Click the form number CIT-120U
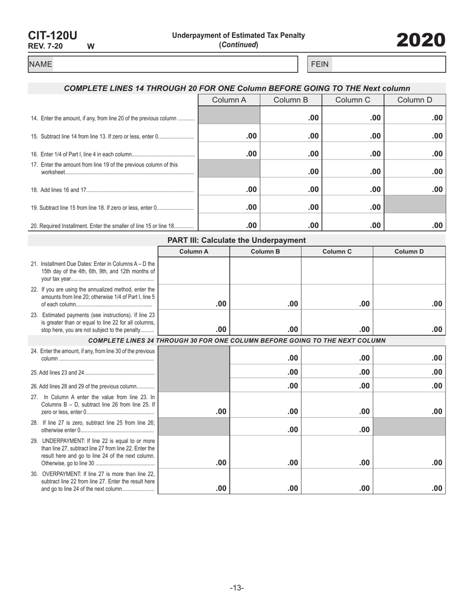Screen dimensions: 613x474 52,35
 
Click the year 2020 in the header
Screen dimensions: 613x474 421,40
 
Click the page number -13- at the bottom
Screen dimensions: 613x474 237,588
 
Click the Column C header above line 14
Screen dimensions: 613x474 352,100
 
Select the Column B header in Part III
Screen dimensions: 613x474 265,252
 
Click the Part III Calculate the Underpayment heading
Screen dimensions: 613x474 237,240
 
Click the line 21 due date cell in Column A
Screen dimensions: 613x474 194,271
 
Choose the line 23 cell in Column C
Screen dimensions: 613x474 337,322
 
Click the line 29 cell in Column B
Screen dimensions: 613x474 265,452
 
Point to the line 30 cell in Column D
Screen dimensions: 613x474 409,481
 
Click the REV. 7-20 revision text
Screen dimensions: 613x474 45,46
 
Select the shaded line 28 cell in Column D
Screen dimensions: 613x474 409,427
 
